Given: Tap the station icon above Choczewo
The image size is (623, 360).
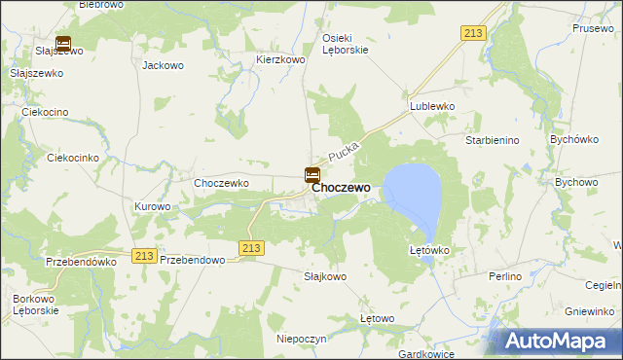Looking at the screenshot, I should [x=311, y=175].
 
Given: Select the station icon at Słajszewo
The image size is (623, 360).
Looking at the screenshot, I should [x=63, y=44].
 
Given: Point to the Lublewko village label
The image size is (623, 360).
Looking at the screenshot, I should [x=432, y=106].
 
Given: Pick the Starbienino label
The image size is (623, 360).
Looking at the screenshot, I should [x=493, y=141].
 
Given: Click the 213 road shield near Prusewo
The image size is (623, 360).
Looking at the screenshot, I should [x=474, y=34].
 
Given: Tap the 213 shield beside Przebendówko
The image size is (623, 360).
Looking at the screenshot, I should [x=145, y=255].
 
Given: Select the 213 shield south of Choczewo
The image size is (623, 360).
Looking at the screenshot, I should [x=251, y=248].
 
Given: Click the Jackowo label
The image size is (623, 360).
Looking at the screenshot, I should [x=163, y=66].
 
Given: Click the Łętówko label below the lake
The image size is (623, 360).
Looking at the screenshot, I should [x=428, y=250].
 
